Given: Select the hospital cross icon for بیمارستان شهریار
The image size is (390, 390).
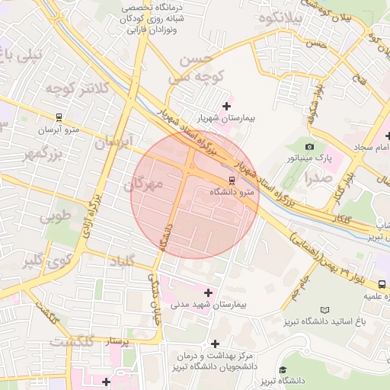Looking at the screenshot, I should click(x=225, y=106).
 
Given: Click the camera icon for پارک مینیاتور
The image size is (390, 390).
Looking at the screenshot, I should click(x=309, y=146).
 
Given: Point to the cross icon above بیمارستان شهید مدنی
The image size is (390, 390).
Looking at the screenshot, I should click(x=208, y=292).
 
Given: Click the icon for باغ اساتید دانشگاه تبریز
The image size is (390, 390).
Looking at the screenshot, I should click(x=325, y=310).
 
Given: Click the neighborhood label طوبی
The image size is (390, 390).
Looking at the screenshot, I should click(x=56, y=216).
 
